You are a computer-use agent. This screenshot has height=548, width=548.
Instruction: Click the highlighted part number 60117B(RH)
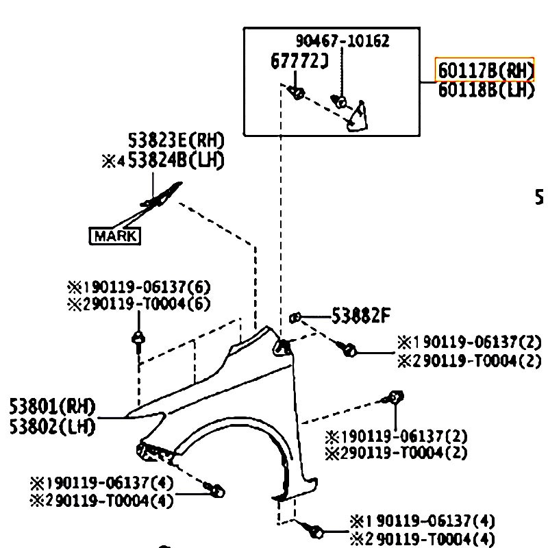484,70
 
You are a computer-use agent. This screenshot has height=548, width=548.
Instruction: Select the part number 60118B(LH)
485,90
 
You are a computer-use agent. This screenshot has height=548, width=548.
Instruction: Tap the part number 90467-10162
342,41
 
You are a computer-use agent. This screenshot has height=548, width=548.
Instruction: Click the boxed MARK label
115,236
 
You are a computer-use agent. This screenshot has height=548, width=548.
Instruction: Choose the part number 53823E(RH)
176,141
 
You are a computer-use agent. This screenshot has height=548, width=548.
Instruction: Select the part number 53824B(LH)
175,160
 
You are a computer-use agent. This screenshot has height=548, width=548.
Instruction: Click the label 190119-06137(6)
138,286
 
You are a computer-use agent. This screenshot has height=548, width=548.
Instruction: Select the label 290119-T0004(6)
138,303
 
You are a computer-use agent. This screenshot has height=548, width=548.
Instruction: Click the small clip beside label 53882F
295,317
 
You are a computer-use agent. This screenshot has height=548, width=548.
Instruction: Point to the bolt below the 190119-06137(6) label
139,338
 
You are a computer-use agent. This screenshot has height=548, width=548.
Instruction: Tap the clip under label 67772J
297,92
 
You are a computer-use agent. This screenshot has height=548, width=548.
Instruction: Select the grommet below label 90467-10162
340,103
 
